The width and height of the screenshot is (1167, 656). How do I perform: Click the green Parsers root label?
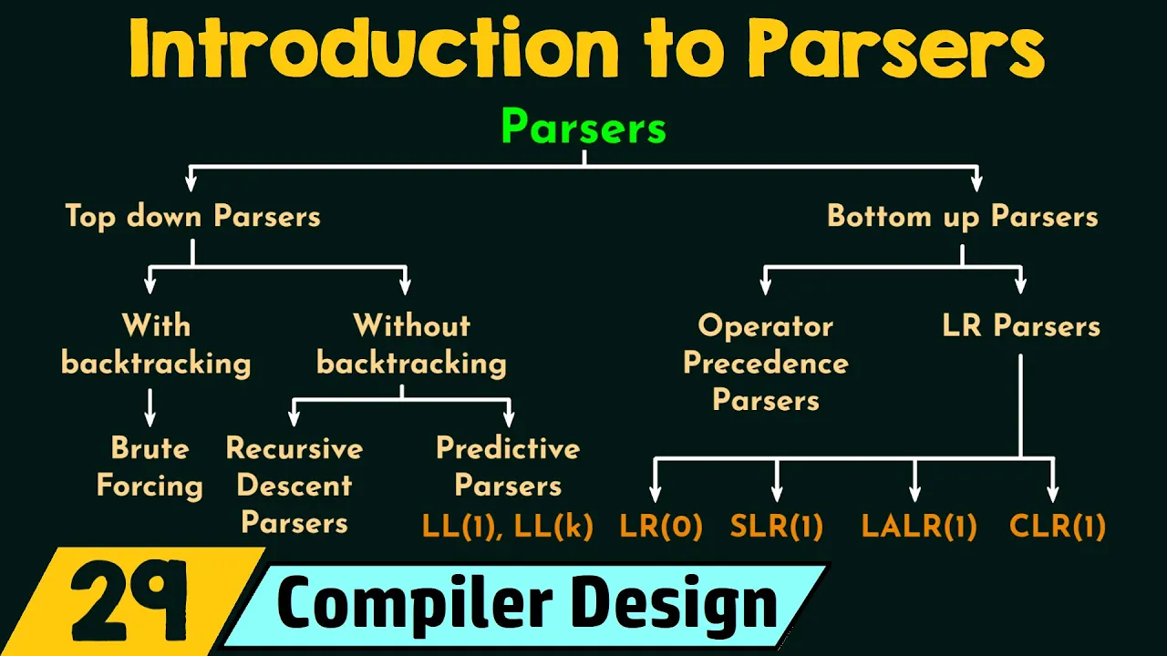point(583,128)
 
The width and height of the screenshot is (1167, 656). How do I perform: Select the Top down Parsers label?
point(192,216)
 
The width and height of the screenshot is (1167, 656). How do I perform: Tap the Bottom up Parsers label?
point(962,216)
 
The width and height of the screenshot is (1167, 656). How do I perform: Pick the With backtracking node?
point(156,344)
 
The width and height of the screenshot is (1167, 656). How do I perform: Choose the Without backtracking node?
point(411,344)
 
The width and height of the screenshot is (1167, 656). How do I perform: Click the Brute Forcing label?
point(150,466)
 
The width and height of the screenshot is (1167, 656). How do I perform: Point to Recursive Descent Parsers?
point(294,486)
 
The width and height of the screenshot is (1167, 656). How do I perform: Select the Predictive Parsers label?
point(508,466)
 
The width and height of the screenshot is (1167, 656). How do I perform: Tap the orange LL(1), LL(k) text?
point(508,526)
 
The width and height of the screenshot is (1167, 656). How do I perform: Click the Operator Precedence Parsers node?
point(766,363)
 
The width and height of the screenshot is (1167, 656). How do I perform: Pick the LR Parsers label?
point(1021,326)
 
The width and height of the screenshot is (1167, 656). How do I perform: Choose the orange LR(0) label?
point(661,526)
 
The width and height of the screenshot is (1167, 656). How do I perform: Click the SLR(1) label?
point(777,526)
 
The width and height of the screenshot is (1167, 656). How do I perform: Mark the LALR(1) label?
point(919,526)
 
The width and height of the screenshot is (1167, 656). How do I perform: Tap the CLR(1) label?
point(1058,526)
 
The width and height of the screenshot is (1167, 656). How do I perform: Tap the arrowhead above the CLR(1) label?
point(1053,494)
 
